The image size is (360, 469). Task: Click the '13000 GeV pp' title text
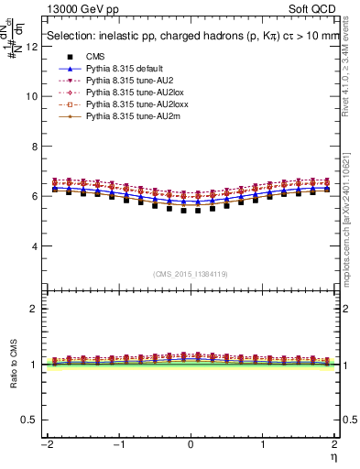[75, 9]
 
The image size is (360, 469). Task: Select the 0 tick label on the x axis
[190, 444]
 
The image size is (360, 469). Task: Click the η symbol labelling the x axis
[333, 456]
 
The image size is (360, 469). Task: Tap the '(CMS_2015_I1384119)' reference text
[190, 275]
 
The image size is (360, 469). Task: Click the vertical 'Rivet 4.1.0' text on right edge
[352, 82]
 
